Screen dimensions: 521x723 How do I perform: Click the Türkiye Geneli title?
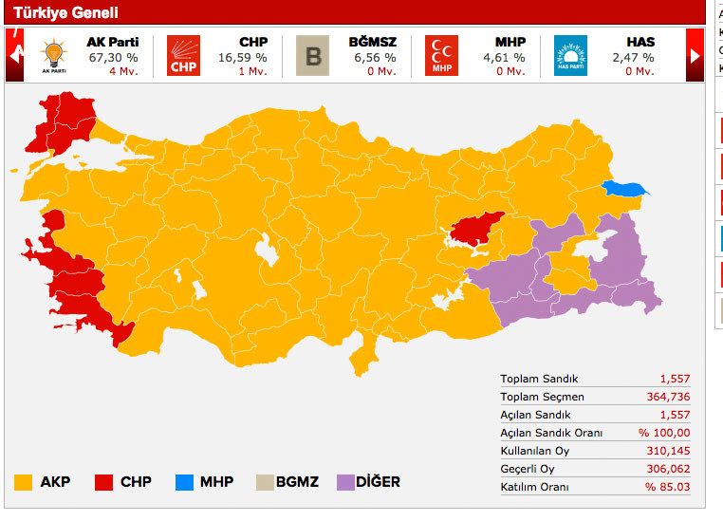coord(65,13)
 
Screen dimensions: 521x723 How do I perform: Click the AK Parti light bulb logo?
coord(53,55)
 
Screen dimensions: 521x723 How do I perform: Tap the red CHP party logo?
coord(184,55)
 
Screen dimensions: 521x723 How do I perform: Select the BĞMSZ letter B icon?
coord(313,55)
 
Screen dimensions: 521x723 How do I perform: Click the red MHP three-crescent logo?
coord(441,55)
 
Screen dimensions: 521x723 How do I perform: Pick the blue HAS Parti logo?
coord(570,55)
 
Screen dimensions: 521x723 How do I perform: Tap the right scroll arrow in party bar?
coord(695,55)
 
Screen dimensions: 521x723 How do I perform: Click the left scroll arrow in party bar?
coord(14,55)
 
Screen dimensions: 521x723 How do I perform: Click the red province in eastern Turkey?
coord(477,229)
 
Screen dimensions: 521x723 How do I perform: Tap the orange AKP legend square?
coord(24,482)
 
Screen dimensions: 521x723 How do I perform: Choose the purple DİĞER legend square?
coord(347,482)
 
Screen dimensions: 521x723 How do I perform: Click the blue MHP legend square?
coord(185,482)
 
